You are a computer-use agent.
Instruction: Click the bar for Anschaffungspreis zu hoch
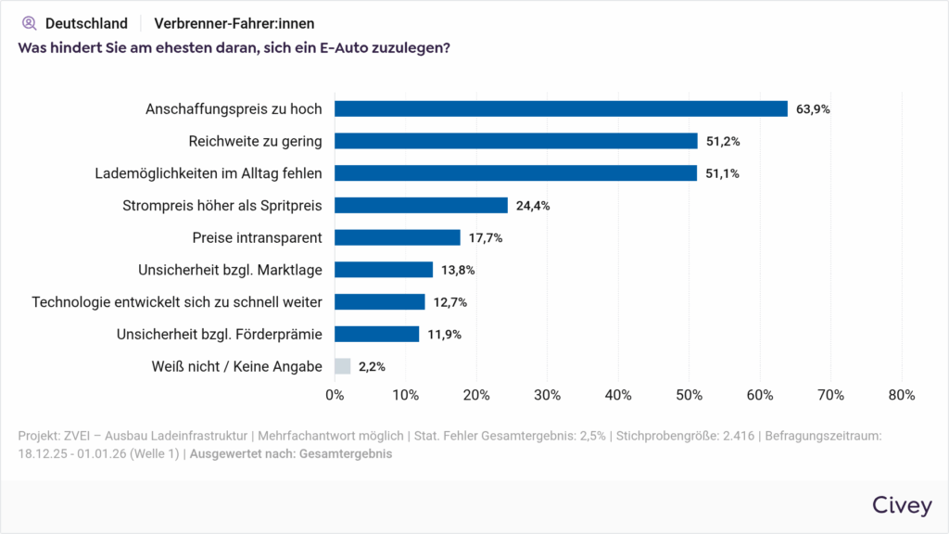pyautogui.click(x=561, y=108)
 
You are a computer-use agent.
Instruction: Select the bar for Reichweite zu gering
pyautogui.click(x=515, y=141)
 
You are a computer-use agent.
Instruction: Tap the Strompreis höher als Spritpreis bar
pyautogui.click(x=421, y=205)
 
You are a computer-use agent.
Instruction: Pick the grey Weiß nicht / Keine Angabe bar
pyautogui.click(x=342, y=366)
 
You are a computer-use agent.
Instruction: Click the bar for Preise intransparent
pyautogui.click(x=397, y=237)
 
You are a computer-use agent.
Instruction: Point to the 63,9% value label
pyautogui.click(x=813, y=109)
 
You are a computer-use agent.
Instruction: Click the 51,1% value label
pyautogui.click(x=722, y=173)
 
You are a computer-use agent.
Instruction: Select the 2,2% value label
pyautogui.click(x=372, y=367)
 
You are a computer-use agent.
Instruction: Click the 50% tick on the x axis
pyautogui.click(x=689, y=395)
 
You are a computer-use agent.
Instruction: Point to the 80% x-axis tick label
pyautogui.click(x=901, y=395)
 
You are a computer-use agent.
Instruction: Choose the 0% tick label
pyautogui.click(x=335, y=395)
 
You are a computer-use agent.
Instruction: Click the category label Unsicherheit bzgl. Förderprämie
pyautogui.click(x=219, y=334)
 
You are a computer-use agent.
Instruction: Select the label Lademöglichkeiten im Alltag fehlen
pyautogui.click(x=209, y=173)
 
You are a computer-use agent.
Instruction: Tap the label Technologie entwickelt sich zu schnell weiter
pyautogui.click(x=177, y=301)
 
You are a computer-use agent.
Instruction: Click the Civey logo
pyautogui.click(x=902, y=505)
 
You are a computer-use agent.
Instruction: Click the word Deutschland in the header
pyautogui.click(x=86, y=23)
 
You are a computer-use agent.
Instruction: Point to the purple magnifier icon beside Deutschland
pyautogui.click(x=29, y=23)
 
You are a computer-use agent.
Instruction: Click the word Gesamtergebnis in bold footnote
pyautogui.click(x=347, y=454)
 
